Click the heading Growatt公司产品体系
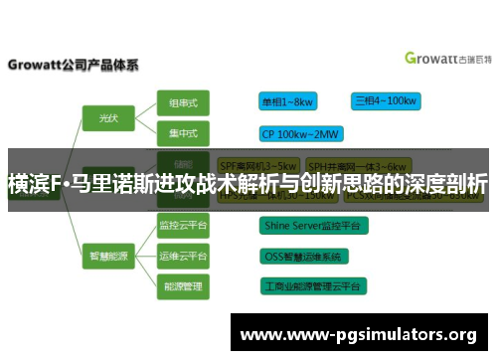(x=74, y=66)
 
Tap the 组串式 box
(x=183, y=101)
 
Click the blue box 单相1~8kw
(x=288, y=101)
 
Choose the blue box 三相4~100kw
(x=385, y=100)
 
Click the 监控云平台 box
(x=183, y=226)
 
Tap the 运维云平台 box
(x=183, y=256)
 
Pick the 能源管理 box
(x=183, y=285)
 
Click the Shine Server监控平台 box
(x=314, y=226)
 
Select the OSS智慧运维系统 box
(x=302, y=256)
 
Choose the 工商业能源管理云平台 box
(x=313, y=285)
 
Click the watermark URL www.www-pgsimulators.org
(x=360, y=333)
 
